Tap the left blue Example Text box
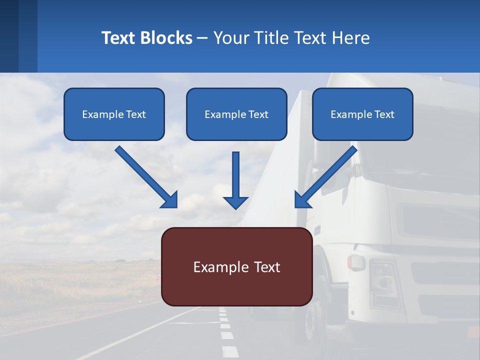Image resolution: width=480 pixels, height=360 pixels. [114, 114]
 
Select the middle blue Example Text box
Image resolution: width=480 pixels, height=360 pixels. [236, 114]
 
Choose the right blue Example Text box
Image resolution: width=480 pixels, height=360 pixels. [362, 114]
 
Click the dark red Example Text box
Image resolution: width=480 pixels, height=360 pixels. [236, 266]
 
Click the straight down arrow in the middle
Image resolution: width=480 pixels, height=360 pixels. [235, 175]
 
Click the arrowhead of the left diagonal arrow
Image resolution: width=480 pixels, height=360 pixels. [170, 200]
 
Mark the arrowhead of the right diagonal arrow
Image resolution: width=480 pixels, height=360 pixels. [302, 200]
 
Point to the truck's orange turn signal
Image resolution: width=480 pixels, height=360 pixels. [356, 262]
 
